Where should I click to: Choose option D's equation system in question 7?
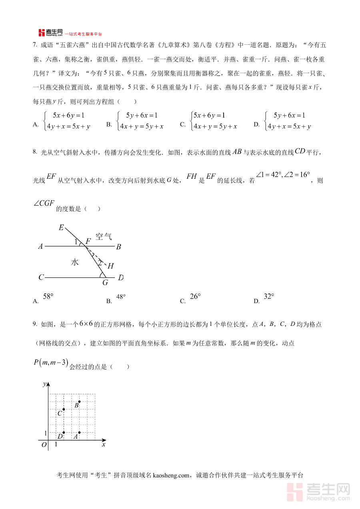[x=288, y=121]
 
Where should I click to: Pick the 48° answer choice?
[x=121, y=297]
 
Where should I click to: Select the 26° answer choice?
[x=195, y=297]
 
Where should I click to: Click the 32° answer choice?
[x=269, y=297]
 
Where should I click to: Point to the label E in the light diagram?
[x=61, y=228]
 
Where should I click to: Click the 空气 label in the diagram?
[x=103, y=236]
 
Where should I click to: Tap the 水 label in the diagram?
[x=75, y=262]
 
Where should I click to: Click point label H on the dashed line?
[x=111, y=266]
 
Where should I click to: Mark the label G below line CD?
[x=105, y=283]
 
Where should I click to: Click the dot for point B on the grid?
[x=80, y=401]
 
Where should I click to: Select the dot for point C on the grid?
[x=64, y=409]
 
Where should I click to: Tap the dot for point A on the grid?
[x=80, y=432]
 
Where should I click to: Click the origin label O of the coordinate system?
[x=44, y=445]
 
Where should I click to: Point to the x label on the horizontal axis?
[x=104, y=444]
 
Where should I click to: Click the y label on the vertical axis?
[x=44, y=384]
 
